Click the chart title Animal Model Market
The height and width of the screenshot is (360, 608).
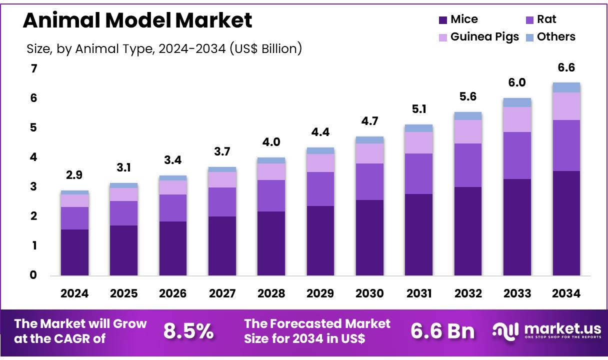137,20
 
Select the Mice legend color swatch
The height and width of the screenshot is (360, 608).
442,20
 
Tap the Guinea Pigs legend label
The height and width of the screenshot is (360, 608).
484,37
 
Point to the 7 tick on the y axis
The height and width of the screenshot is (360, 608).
33,69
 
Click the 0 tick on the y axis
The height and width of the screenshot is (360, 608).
33,275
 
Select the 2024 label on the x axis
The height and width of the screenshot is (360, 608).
74,294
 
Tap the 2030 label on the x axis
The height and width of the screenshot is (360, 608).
369,294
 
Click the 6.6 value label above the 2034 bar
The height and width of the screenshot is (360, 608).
566,68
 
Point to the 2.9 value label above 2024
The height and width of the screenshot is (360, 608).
74,175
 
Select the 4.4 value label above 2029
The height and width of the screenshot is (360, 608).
320,132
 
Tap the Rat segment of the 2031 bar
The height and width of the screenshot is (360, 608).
418,173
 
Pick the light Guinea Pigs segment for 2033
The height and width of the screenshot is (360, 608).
517,119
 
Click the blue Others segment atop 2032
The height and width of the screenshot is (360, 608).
468,116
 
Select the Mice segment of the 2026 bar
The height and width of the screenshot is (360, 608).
173,248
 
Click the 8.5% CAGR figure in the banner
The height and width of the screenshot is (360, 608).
188,331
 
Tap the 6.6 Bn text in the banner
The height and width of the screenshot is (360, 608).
442,331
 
